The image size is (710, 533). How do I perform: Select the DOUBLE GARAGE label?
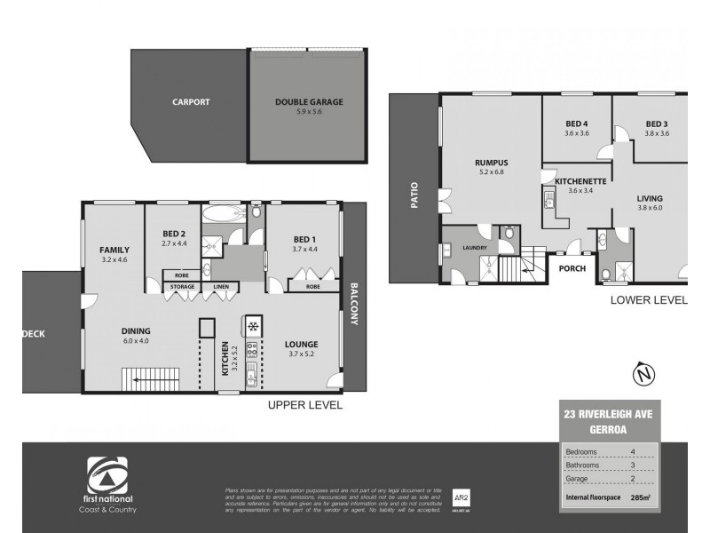(x=308, y=102)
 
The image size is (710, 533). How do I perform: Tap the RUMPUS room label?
(x=490, y=163)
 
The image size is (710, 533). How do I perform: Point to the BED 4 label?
(x=577, y=123)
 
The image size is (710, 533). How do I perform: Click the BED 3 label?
(x=657, y=123)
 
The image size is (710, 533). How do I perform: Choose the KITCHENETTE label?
(x=580, y=181)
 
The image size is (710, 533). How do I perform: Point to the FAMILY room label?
(x=114, y=251)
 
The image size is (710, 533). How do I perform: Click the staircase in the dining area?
(x=153, y=378)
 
